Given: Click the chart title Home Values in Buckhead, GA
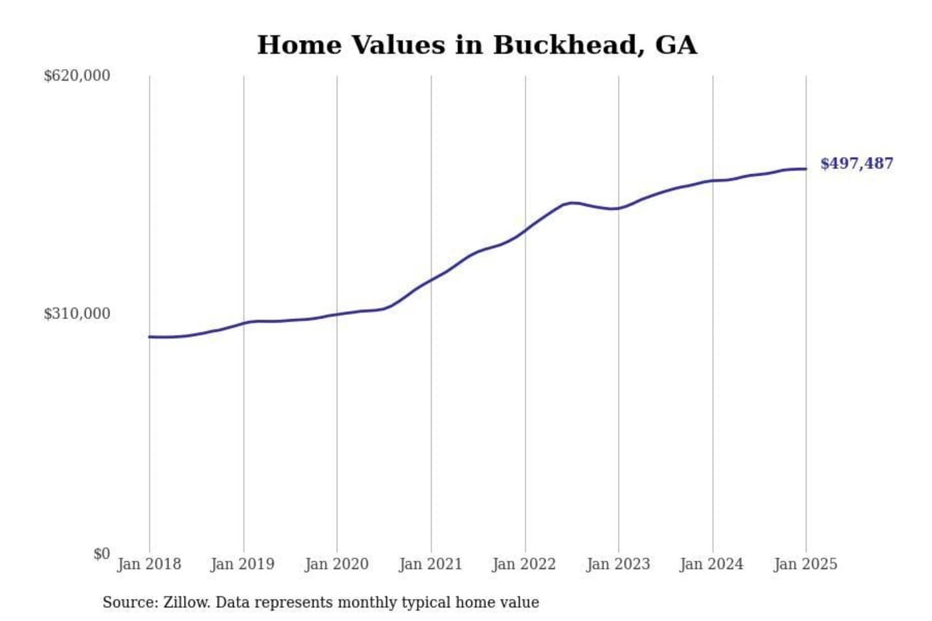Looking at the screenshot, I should coord(477,45).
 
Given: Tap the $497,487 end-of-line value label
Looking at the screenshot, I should coord(856,164).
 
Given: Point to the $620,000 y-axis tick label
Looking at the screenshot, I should coord(77,76).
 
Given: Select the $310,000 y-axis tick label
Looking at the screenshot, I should coord(77,314).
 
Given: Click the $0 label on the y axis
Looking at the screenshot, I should coord(102,554).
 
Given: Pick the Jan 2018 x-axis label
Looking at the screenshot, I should coord(149,564).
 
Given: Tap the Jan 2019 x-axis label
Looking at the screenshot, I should coord(243,564).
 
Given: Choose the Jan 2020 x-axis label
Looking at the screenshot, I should coord(337,564).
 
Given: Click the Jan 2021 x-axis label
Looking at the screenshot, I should coord(430,564).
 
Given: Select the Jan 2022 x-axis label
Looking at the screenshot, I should coord(524,564).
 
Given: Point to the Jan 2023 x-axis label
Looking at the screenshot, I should coord(618,564).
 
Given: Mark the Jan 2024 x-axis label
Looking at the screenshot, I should coord(712,564).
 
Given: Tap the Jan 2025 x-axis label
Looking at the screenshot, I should coord(806,564).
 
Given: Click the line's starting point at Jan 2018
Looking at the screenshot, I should coord(150,336).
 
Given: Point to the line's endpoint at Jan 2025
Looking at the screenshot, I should coord(806,169).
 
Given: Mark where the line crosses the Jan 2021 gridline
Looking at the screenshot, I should coord(431,280).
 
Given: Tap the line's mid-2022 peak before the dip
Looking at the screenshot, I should coord(571,202).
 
